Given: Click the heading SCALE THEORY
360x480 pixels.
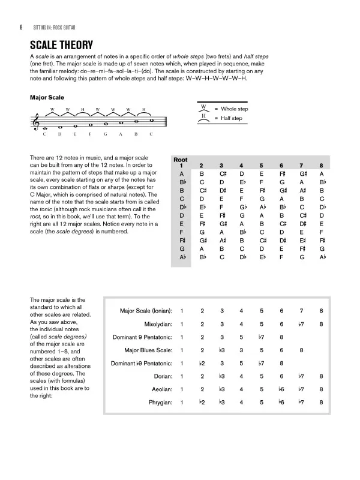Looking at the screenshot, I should click(x=61, y=46).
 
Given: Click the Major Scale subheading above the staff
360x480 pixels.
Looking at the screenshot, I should click(x=47, y=97).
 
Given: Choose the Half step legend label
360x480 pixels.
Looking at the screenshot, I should click(x=226, y=118).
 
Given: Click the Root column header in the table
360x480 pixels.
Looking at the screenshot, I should click(x=180, y=160).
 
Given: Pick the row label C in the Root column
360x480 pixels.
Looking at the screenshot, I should click(x=181, y=199).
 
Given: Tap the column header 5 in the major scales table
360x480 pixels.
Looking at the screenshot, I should click(x=261, y=166).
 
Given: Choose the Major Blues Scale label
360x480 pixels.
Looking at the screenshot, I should click(x=148, y=350).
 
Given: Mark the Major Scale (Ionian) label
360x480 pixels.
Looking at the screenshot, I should click(x=146, y=311).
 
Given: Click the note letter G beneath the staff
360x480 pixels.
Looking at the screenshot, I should click(x=105, y=134).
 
